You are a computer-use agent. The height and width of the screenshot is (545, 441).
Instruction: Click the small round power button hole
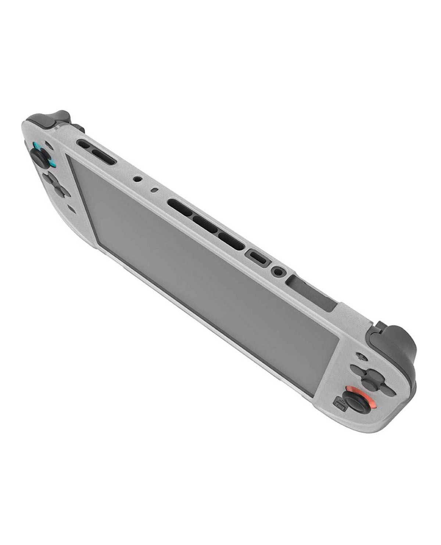[x=138, y=180]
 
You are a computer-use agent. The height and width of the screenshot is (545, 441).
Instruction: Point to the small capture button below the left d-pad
[x=72, y=210]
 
